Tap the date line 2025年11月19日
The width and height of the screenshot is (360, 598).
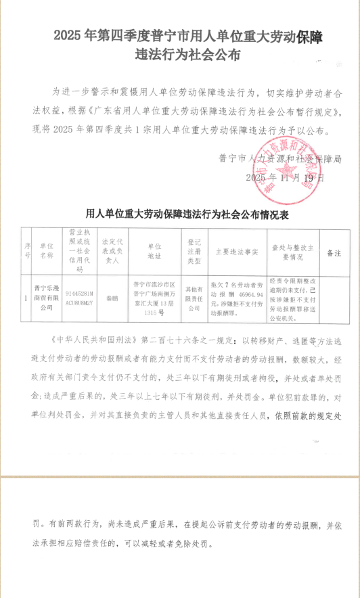[x=285, y=178]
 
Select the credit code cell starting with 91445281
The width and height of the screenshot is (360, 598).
[x=80, y=296]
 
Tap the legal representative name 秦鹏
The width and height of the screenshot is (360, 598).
[x=110, y=296]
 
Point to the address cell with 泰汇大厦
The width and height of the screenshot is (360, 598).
[x=154, y=296]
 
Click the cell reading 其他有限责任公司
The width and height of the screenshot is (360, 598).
[x=195, y=296]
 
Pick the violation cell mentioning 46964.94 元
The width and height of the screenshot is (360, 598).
[x=236, y=296]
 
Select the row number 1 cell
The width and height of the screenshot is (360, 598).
[x=26, y=296]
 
